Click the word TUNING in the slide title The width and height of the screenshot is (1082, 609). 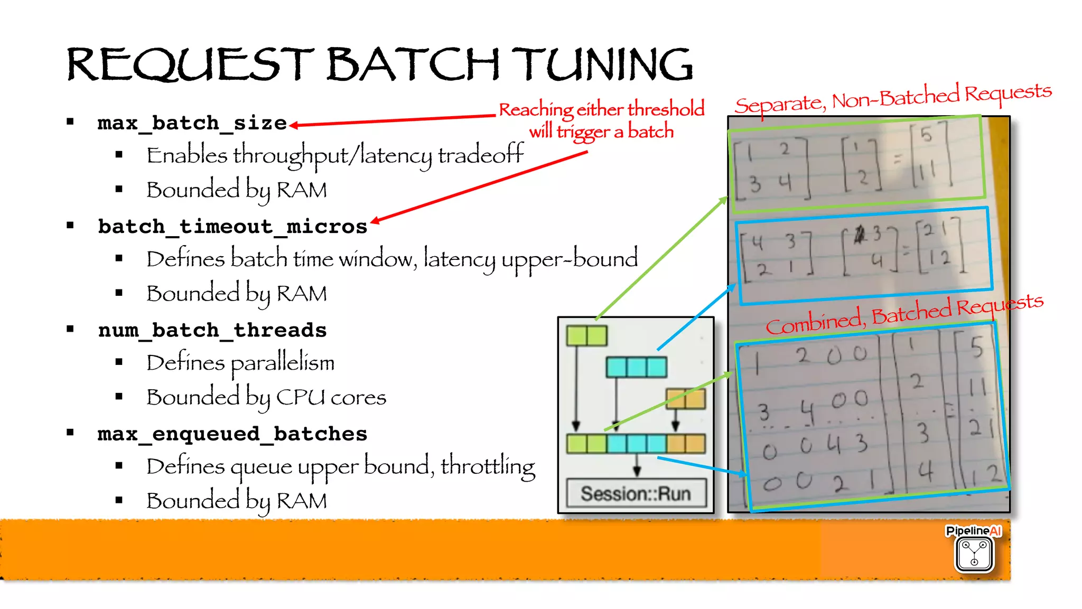pos(602,64)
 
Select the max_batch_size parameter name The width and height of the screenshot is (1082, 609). pos(192,123)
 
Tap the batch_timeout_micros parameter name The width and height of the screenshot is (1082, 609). pos(232,227)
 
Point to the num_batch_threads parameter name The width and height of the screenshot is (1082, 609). pos(212,330)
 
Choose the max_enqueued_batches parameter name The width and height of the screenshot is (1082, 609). pos(232,434)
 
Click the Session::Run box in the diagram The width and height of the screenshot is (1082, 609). pos(636,493)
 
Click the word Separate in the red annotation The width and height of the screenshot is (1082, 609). pos(780,104)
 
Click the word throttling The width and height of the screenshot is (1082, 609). pos(488,466)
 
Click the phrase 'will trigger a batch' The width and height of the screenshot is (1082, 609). pos(601,131)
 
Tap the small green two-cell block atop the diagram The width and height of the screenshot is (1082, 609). pos(586,335)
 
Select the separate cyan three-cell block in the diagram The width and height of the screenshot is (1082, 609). pos(636,367)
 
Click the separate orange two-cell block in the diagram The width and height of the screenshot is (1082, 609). pos(685,399)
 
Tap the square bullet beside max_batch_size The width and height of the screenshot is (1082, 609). pos(70,122)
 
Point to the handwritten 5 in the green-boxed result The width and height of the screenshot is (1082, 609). pos(926,135)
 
